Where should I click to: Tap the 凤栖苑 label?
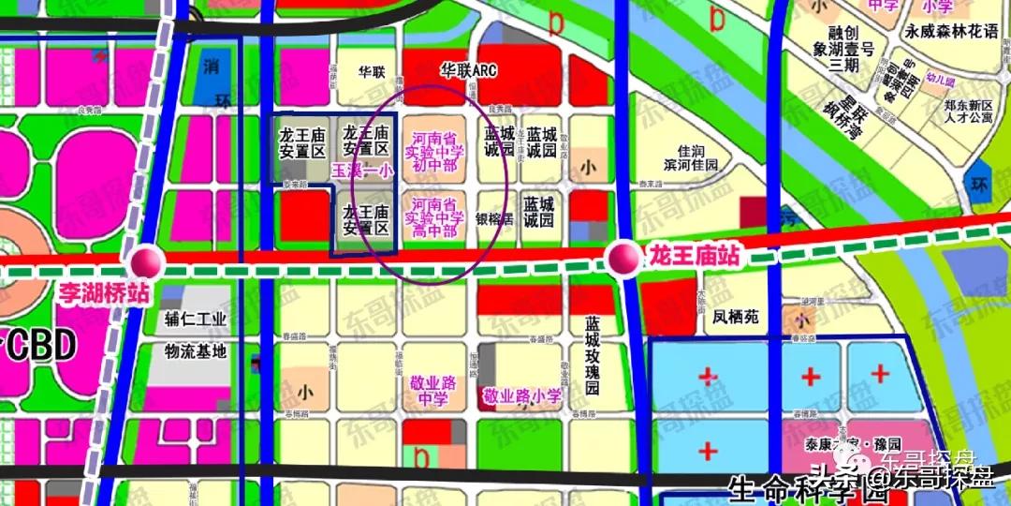point(735,318)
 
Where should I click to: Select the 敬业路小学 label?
point(522,397)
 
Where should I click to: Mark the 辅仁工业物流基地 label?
point(196,335)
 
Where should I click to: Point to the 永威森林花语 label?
point(952,31)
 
